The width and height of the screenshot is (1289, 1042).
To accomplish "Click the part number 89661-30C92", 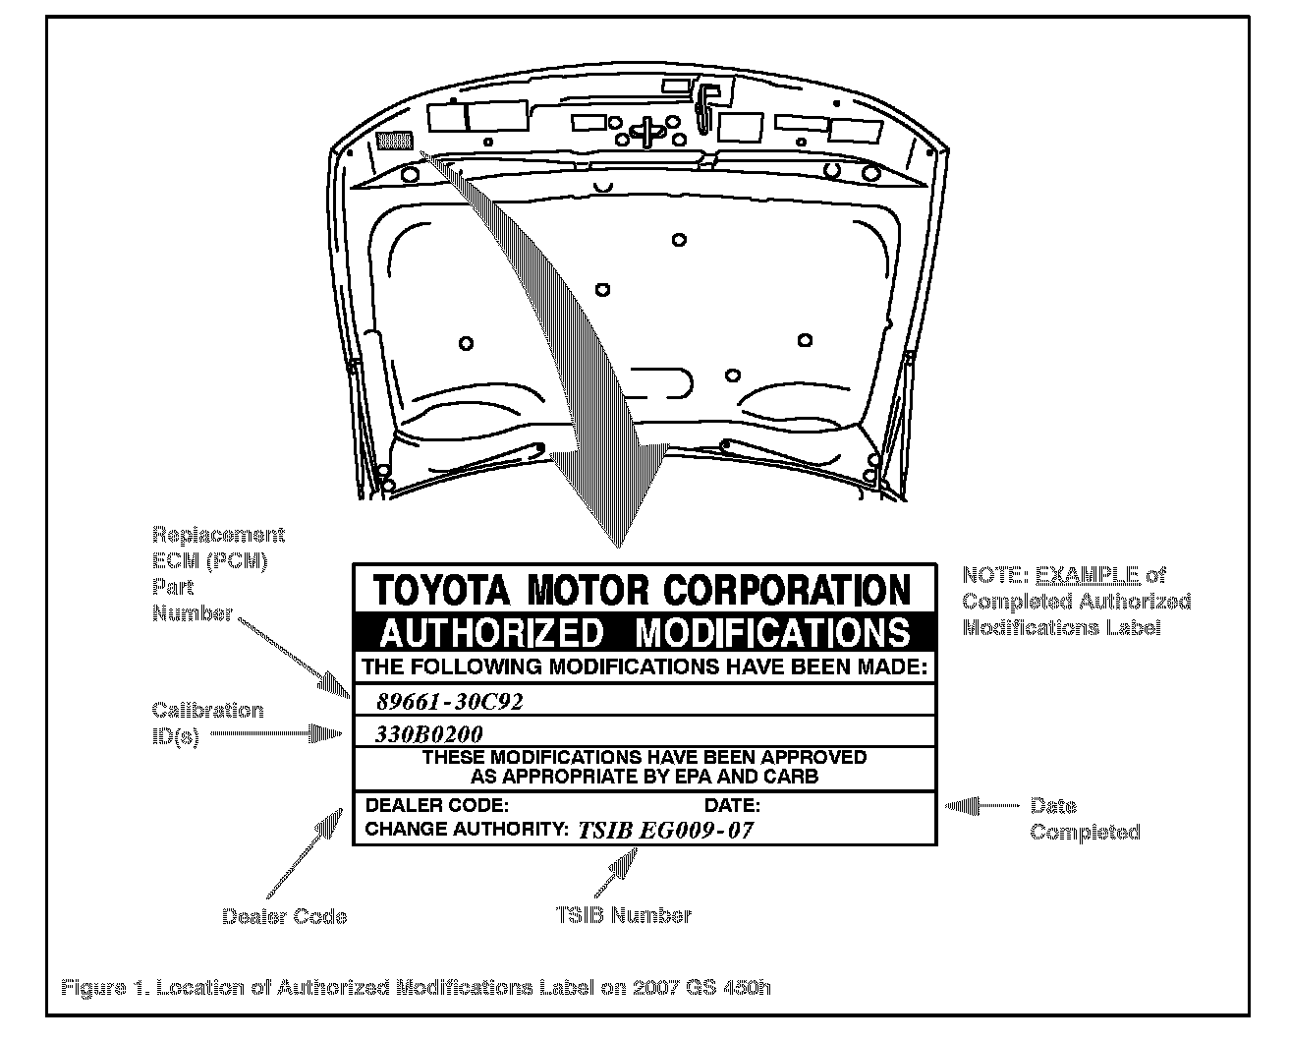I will (451, 702).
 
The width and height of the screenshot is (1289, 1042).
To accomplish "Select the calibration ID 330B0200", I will (429, 733).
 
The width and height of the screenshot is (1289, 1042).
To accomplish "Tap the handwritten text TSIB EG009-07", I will (665, 830).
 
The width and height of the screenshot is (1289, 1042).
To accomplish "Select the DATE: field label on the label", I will (733, 805).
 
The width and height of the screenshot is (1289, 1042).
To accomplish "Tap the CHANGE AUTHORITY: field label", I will (467, 829).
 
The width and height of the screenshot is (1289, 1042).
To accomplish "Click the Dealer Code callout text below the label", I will (284, 916).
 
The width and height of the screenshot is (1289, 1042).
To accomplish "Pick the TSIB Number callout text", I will (623, 914).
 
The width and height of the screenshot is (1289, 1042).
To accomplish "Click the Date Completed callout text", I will (1085, 819).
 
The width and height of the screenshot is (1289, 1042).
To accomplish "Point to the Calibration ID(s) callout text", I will (207, 724).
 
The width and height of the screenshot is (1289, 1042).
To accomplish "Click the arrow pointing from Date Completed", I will (981, 806).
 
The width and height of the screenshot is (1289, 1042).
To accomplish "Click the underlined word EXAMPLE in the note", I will (1087, 575).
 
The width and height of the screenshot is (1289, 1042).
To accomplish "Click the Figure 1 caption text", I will (416, 987).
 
